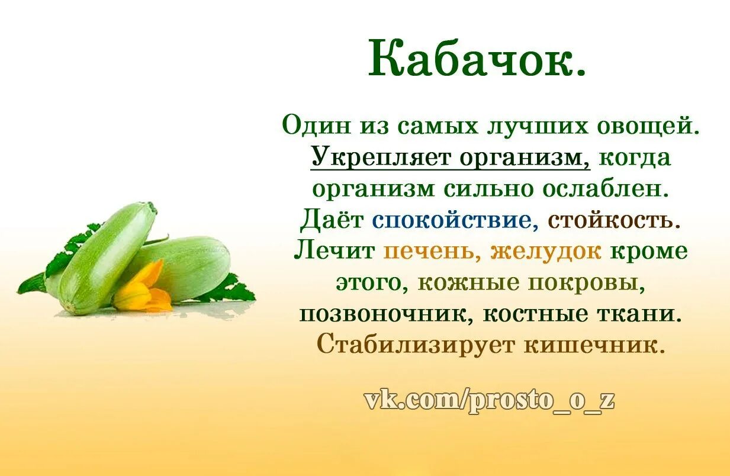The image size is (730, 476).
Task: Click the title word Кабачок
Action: [477, 59]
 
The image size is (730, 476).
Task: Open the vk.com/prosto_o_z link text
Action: [489, 401]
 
